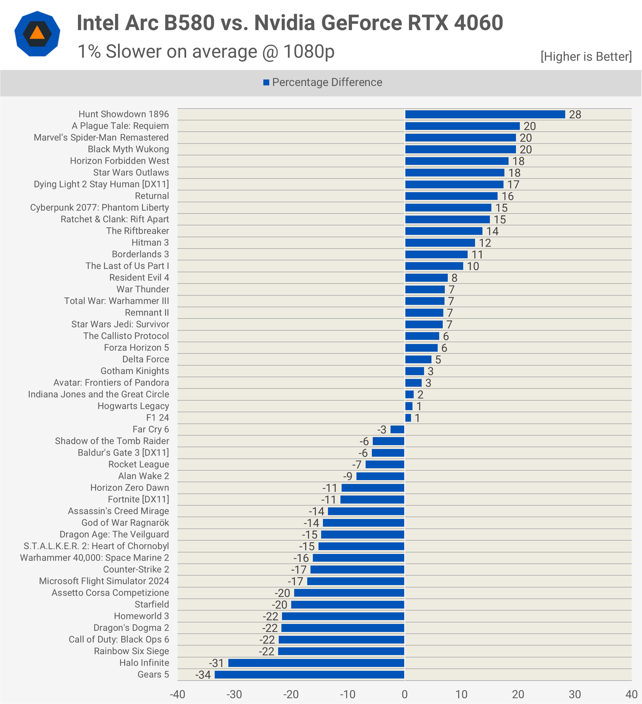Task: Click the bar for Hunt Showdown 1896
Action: [485, 114]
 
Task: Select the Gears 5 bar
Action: [309, 675]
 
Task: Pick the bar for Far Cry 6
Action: [397, 429]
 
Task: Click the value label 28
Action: [575, 114]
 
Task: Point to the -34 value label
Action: [203, 675]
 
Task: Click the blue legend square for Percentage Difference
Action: [266, 82]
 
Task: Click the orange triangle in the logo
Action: [37, 34]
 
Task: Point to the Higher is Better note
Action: [586, 57]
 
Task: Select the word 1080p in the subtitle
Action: [309, 52]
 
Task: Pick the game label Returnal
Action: [152, 196]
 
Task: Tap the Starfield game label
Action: [152, 604]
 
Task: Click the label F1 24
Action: [157, 418]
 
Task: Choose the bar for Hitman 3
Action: [440, 243]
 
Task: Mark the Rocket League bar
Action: [385, 464]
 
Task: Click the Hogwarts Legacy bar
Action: [409, 406]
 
